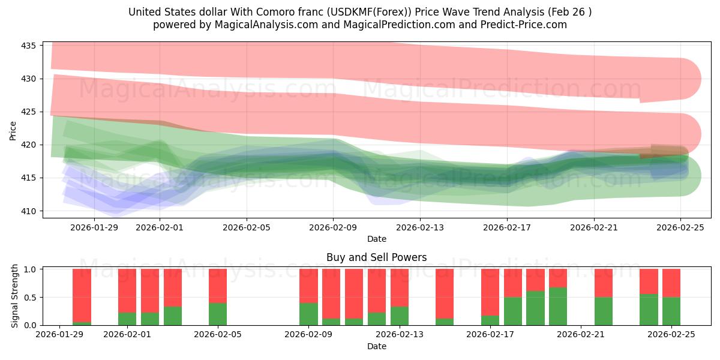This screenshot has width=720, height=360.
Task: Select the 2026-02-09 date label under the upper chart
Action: pos(334,227)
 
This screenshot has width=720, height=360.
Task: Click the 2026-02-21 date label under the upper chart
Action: pos(593,227)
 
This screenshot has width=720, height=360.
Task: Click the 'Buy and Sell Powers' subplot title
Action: pos(376,257)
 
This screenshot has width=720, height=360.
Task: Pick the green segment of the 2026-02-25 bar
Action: pos(671,311)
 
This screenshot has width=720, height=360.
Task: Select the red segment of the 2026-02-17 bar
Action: pos(490,292)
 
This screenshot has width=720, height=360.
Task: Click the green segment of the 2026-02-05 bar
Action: pos(218,314)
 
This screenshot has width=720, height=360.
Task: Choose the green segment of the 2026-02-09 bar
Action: pos(308,314)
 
